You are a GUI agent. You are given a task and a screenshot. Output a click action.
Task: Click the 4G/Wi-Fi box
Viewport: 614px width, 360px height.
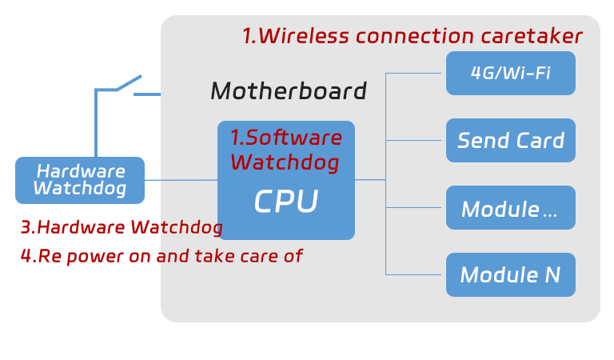pyautogui.click(x=510, y=74)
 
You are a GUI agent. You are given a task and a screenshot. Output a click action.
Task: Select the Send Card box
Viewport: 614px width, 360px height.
pyautogui.click(x=510, y=141)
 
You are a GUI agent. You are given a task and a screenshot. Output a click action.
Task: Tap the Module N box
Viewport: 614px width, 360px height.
pyautogui.click(x=510, y=275)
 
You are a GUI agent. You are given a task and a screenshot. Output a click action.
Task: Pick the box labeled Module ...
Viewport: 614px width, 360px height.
pyautogui.click(x=510, y=208)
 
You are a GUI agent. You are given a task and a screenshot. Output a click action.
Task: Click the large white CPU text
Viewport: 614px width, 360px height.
pyautogui.click(x=285, y=202)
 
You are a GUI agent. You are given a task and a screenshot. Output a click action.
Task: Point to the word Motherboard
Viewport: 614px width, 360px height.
pyautogui.click(x=288, y=91)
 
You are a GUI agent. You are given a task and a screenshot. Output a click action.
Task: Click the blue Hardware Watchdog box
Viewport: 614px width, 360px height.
pyautogui.click(x=80, y=180)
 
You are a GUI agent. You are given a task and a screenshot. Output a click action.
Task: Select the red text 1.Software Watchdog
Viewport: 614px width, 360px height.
pyautogui.click(x=285, y=150)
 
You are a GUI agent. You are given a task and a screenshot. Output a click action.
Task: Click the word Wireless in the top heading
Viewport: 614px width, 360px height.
pyautogui.click(x=305, y=36)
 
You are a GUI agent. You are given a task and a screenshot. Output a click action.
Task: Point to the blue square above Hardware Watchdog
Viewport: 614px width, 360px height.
pyautogui.click(x=118, y=112)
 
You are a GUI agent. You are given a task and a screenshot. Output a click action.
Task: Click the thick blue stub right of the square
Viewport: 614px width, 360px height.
pyautogui.click(x=152, y=94)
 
